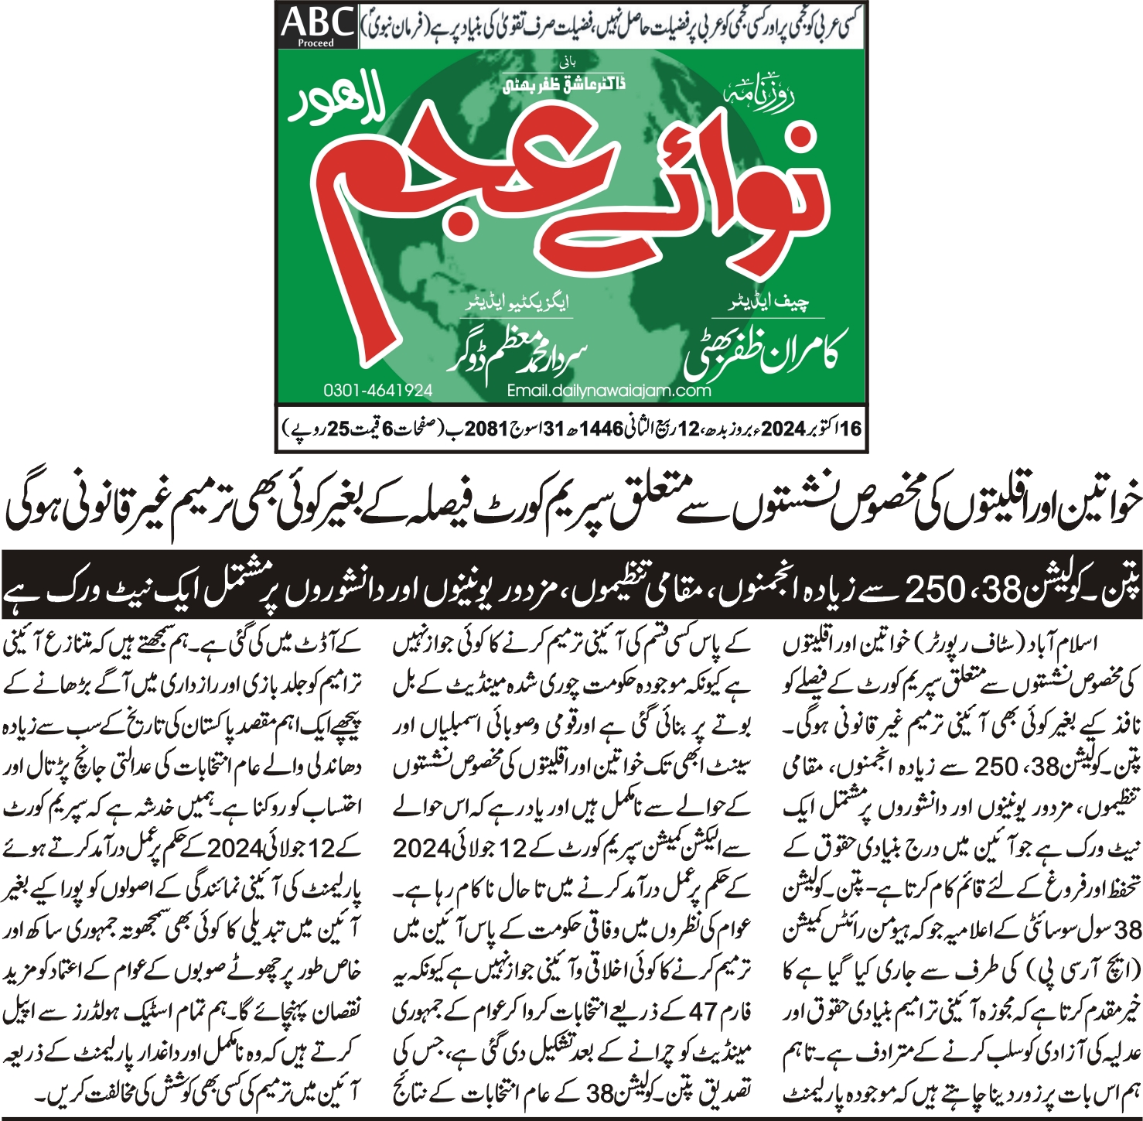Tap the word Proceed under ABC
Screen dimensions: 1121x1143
tap(316, 43)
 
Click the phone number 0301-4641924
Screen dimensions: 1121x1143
tap(377, 391)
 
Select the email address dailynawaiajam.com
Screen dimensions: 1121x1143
tap(609, 391)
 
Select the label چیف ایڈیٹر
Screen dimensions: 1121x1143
tap(769, 302)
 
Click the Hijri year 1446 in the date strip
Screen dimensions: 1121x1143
tap(601, 429)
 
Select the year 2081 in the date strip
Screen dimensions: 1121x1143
tap(486, 429)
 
